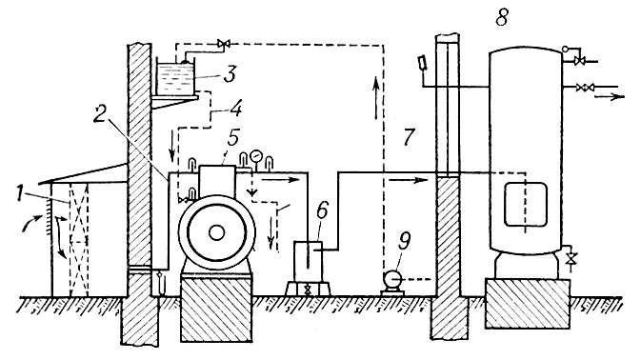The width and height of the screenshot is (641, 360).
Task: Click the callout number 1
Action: point(19,193)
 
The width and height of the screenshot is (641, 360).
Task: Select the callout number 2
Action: point(99,115)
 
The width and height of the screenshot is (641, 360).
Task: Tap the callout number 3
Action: point(230,75)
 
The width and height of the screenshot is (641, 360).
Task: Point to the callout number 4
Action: point(236,108)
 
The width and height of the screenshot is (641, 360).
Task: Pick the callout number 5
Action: point(233,138)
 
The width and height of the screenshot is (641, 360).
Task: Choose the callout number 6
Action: point(322,210)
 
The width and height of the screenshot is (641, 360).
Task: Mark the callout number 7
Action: point(409,136)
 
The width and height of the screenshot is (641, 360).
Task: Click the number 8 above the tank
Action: point(502,18)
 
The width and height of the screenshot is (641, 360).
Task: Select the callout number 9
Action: point(404,241)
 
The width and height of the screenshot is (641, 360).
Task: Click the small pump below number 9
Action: point(392,283)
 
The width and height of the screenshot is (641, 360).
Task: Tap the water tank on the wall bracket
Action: point(176,78)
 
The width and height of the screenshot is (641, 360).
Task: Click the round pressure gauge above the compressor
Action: point(256,155)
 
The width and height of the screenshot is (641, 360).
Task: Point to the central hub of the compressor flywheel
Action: point(216,233)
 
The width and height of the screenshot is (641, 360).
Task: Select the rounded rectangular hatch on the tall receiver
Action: point(526,205)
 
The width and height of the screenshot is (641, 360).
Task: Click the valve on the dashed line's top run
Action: point(223,43)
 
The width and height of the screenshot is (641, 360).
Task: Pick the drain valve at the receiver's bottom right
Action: point(572,258)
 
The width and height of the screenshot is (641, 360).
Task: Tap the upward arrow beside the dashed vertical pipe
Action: point(375,97)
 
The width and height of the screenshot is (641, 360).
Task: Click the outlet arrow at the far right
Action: point(610,96)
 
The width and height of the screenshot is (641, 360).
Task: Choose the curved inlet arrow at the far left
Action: point(31,223)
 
